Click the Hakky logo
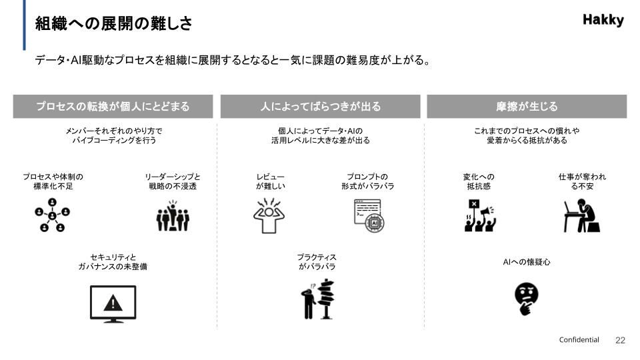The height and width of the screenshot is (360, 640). pyautogui.click(x=603, y=19)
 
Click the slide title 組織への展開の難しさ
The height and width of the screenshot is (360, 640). pyautogui.click(x=113, y=23)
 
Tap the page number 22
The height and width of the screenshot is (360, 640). pyautogui.click(x=620, y=341)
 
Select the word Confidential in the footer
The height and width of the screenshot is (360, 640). pyautogui.click(x=579, y=339)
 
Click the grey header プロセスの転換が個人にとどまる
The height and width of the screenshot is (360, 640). pyautogui.click(x=113, y=107)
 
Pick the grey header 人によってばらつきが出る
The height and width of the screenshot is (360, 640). pyautogui.click(x=321, y=107)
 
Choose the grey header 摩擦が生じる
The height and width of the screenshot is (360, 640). pyautogui.click(x=527, y=107)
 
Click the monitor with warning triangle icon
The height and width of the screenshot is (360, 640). pyautogui.click(x=113, y=304)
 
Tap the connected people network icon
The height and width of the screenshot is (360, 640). pyautogui.click(x=52, y=215)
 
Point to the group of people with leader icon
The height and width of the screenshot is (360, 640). pyautogui.click(x=173, y=215)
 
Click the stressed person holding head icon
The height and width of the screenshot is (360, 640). pyautogui.click(x=269, y=216)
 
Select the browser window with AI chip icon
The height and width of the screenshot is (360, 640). pyautogui.click(x=369, y=216)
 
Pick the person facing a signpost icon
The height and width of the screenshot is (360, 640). pyautogui.click(x=318, y=299)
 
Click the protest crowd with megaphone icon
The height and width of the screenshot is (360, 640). pyautogui.click(x=479, y=215)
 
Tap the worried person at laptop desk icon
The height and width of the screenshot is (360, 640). pyautogui.click(x=582, y=215)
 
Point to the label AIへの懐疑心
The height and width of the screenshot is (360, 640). pyautogui.click(x=527, y=262)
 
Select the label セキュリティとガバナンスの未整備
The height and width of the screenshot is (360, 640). pyautogui.click(x=113, y=262)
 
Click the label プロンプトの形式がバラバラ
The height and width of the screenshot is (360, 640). pyautogui.click(x=368, y=181)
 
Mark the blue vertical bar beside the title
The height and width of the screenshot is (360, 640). pyautogui.click(x=24, y=25)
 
